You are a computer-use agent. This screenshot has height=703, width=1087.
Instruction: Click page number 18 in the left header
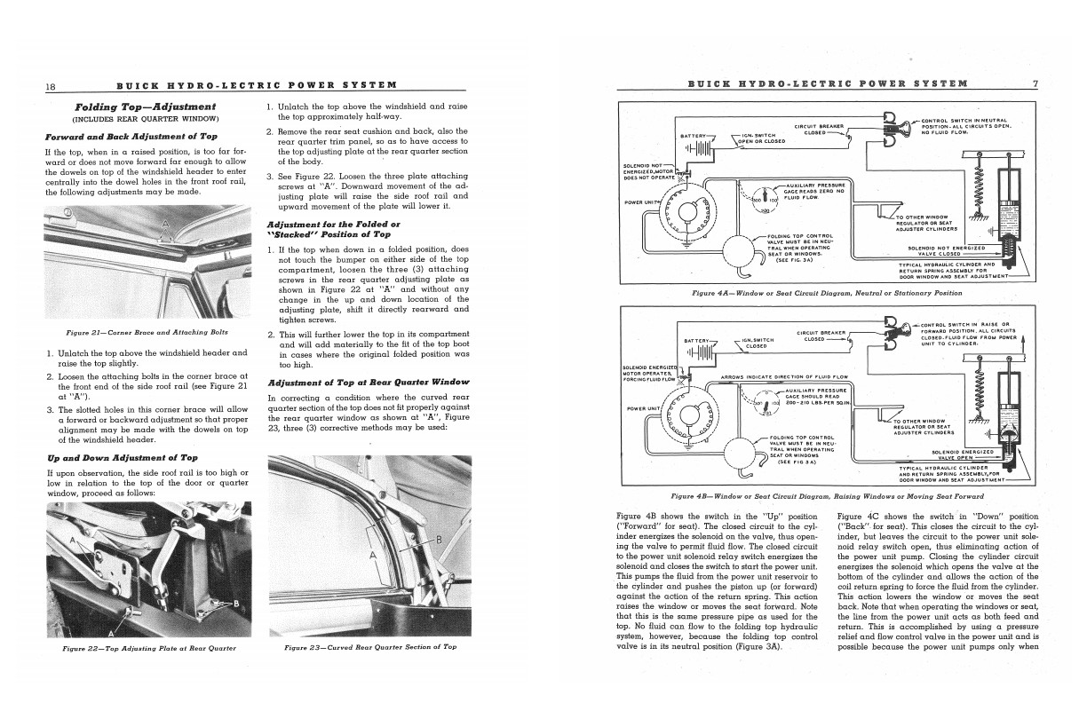tap(51, 85)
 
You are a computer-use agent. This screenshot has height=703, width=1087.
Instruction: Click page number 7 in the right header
tap(1035, 84)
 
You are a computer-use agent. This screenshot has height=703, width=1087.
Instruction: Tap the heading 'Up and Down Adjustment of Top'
tap(121, 457)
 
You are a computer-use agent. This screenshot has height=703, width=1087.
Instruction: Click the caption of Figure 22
tap(149, 649)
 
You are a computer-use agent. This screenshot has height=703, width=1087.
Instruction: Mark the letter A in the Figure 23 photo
tap(372, 556)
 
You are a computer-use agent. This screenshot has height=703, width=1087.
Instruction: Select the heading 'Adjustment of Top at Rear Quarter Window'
tap(369, 382)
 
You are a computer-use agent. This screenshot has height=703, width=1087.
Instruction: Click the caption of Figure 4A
tap(826, 293)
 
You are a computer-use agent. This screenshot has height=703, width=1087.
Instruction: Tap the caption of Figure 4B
tap(826, 495)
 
